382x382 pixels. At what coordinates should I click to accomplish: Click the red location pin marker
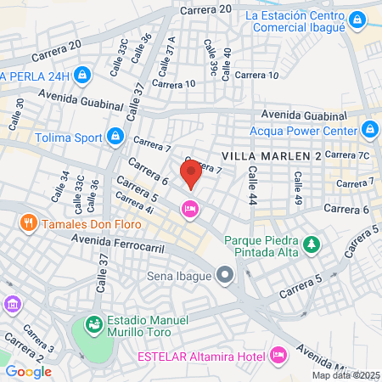coord(191,172)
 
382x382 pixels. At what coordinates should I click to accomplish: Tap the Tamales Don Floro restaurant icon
coord(28,223)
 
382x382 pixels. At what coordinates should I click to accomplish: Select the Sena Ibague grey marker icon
coord(225,274)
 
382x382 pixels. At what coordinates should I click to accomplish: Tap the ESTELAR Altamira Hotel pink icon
coord(278,354)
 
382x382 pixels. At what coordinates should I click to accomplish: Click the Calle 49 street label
coord(298,184)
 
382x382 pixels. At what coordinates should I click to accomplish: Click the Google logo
coord(28,371)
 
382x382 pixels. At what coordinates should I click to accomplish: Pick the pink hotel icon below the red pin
coord(189,207)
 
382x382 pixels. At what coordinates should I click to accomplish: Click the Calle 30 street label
coord(20,109)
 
